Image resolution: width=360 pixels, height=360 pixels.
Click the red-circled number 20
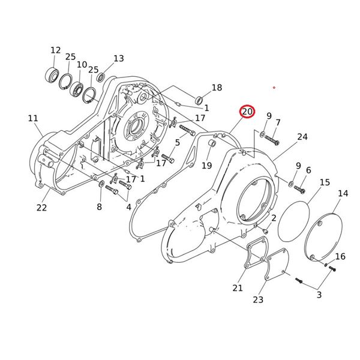(x=247, y=112)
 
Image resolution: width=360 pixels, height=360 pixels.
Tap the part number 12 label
(x=55, y=50)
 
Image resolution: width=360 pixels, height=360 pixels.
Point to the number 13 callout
(x=118, y=58)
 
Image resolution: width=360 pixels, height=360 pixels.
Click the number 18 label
(x=216, y=88)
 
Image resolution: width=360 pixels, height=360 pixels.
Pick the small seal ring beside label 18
(x=198, y=98)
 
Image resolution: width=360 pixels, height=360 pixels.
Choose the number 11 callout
(x=32, y=118)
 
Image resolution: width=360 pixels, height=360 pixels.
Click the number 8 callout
(x=100, y=207)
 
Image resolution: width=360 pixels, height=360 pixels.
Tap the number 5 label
(x=177, y=142)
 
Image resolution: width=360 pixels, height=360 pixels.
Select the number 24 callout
(x=302, y=137)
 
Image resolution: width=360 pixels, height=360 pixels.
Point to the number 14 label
(x=343, y=193)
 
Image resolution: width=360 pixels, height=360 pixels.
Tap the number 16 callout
(x=340, y=256)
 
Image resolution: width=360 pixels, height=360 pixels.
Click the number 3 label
(x=319, y=294)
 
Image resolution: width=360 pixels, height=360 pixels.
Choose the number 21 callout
(x=238, y=288)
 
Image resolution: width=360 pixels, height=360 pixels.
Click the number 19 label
(x=206, y=166)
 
